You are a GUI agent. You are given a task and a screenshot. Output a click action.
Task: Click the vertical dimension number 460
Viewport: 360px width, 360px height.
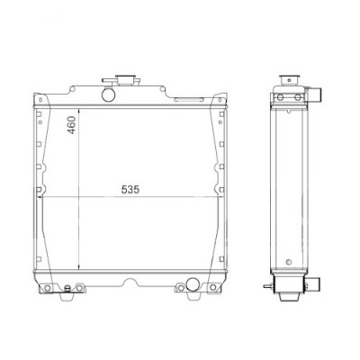73,130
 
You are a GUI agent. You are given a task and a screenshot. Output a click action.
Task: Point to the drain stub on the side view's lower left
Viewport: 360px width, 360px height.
267,288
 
